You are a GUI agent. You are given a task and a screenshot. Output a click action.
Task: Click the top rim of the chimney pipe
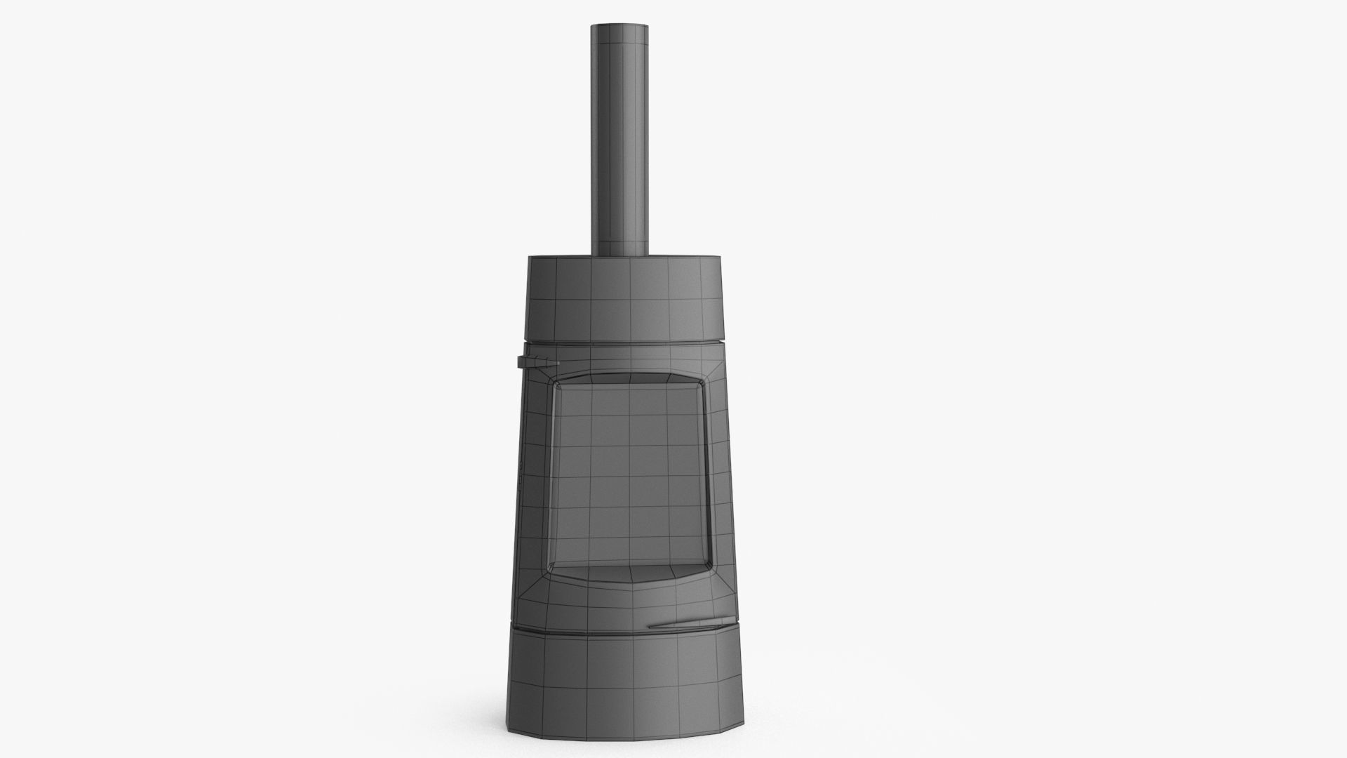[619, 26]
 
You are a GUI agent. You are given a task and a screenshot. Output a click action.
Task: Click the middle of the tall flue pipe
[619, 140]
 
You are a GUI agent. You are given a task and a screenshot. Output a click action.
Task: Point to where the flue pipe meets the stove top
[619, 254]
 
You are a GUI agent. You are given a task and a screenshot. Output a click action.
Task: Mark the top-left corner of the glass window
[558, 385]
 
